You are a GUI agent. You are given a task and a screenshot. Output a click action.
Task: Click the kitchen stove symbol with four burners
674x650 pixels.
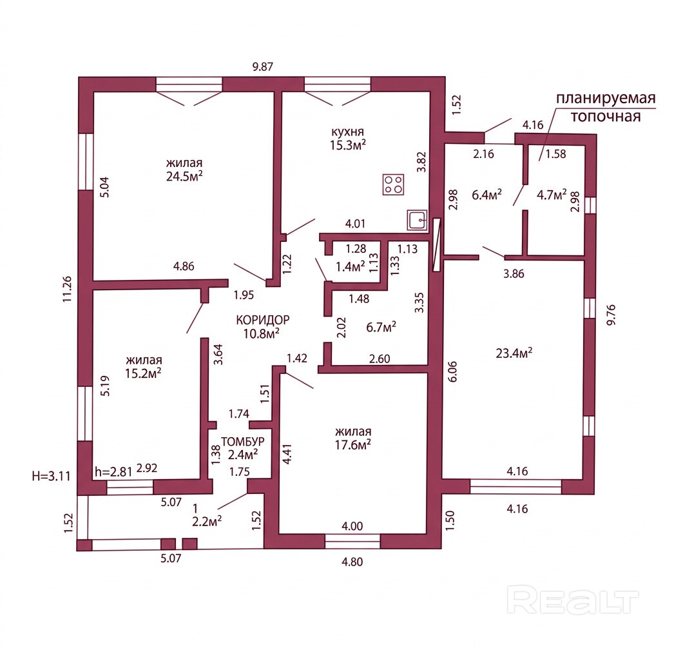(x=393, y=184)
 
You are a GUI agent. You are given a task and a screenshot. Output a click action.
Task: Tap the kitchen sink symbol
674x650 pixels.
(x=417, y=220)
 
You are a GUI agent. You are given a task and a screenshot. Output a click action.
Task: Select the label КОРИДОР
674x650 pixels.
(x=263, y=320)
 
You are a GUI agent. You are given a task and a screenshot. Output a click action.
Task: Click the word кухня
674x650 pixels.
(x=347, y=131)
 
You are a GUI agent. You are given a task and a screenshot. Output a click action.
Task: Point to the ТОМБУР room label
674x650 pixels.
(x=243, y=441)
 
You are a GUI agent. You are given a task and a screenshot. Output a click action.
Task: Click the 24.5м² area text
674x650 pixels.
(x=184, y=177)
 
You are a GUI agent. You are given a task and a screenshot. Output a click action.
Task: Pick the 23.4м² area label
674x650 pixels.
(x=514, y=353)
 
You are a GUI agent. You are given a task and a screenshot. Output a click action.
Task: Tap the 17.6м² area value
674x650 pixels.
(x=353, y=444)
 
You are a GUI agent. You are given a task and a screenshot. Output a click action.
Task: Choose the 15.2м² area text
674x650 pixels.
(x=143, y=373)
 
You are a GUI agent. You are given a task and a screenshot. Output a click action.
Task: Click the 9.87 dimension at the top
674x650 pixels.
(x=263, y=67)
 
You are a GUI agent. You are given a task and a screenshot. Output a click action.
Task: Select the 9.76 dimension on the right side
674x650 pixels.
(x=611, y=315)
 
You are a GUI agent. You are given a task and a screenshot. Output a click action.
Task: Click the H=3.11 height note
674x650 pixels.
(x=51, y=476)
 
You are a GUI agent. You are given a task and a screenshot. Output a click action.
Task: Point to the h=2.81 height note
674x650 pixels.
(x=113, y=472)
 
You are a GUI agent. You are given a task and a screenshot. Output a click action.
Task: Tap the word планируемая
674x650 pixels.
(x=606, y=99)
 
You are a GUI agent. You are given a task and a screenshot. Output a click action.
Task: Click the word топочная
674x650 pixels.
(x=605, y=116)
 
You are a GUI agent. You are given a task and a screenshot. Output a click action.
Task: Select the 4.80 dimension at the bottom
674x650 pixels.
(x=352, y=562)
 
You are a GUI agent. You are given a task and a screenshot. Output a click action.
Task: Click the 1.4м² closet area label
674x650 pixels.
(x=351, y=267)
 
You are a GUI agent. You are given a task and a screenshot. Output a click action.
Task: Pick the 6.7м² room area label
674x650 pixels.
(x=381, y=328)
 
